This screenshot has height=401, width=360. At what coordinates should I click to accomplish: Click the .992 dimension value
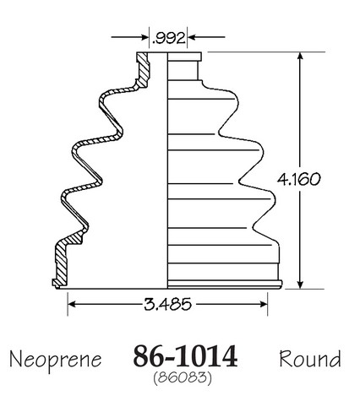(x=168, y=38)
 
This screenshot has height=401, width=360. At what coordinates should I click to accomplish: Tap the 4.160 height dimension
(x=298, y=179)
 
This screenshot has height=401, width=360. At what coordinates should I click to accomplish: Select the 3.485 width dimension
(x=167, y=304)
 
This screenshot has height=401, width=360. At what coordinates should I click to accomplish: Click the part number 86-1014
(x=185, y=356)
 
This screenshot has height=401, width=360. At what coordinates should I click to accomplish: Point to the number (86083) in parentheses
(x=183, y=377)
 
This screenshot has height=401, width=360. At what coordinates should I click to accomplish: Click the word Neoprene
(x=55, y=360)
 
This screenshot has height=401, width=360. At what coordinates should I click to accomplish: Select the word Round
(x=310, y=359)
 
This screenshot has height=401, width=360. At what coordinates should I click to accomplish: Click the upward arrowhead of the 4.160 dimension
(x=300, y=57)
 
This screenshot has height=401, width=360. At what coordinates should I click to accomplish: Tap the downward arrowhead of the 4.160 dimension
(x=300, y=284)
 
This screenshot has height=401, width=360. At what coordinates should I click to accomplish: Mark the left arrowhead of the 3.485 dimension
(x=72, y=304)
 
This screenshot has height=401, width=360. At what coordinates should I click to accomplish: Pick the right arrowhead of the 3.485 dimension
(x=263, y=304)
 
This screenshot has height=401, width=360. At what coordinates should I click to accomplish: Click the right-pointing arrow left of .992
(x=129, y=37)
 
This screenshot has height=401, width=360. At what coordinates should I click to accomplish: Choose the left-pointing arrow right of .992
(x=206, y=37)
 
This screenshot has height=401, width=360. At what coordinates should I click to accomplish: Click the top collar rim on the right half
(x=184, y=57)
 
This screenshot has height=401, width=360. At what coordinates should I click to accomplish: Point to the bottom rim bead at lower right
(x=225, y=284)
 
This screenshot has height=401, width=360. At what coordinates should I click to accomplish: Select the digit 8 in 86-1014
(x=140, y=356)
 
